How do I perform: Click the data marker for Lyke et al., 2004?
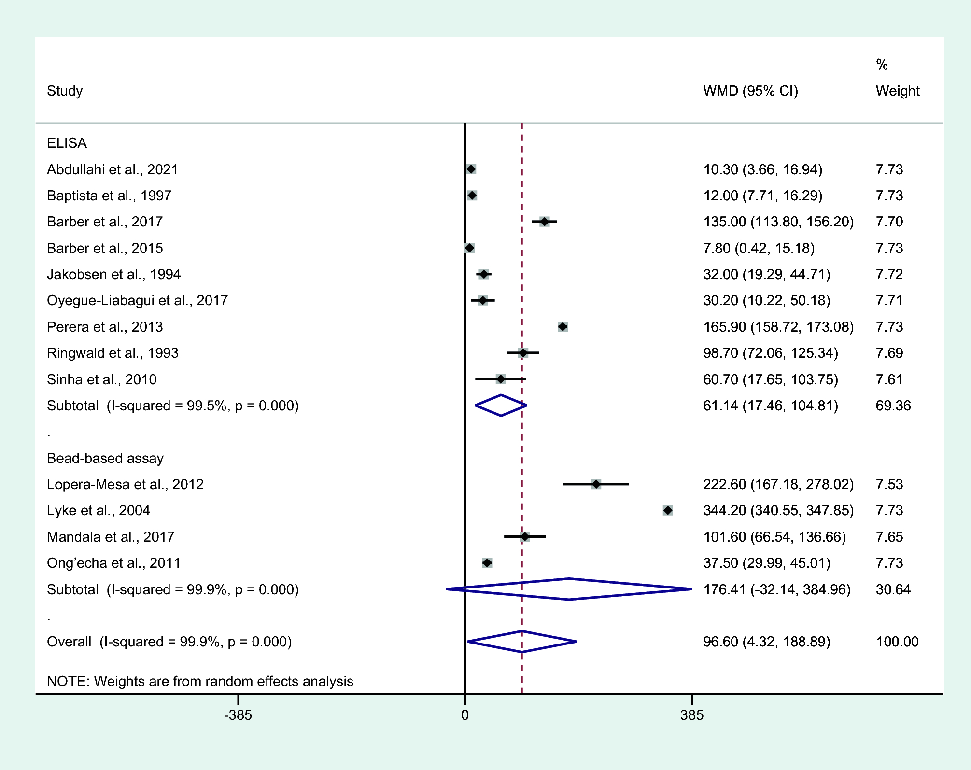tap(668, 510)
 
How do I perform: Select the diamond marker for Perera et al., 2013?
tap(563, 327)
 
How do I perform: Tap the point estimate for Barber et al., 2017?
tap(545, 222)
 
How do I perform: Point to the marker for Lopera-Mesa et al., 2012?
tap(596, 484)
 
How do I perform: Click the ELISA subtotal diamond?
tap(501, 406)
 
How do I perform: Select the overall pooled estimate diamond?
tap(522, 642)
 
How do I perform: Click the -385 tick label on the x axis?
tap(238, 715)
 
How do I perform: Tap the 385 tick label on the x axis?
tap(692, 715)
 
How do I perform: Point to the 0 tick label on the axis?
tap(464, 715)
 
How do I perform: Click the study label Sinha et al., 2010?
tap(101, 379)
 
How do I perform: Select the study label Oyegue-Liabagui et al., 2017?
tap(137, 300)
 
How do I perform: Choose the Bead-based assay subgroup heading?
tap(105, 458)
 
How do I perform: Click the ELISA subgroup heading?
tap(67, 143)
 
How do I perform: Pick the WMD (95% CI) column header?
tap(750, 91)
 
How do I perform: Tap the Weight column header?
tap(897, 91)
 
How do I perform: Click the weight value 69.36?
tap(893, 406)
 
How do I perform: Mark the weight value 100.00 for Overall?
tap(897, 642)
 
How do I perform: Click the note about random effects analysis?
tap(200, 681)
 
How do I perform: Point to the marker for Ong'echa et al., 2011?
tap(487, 563)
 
